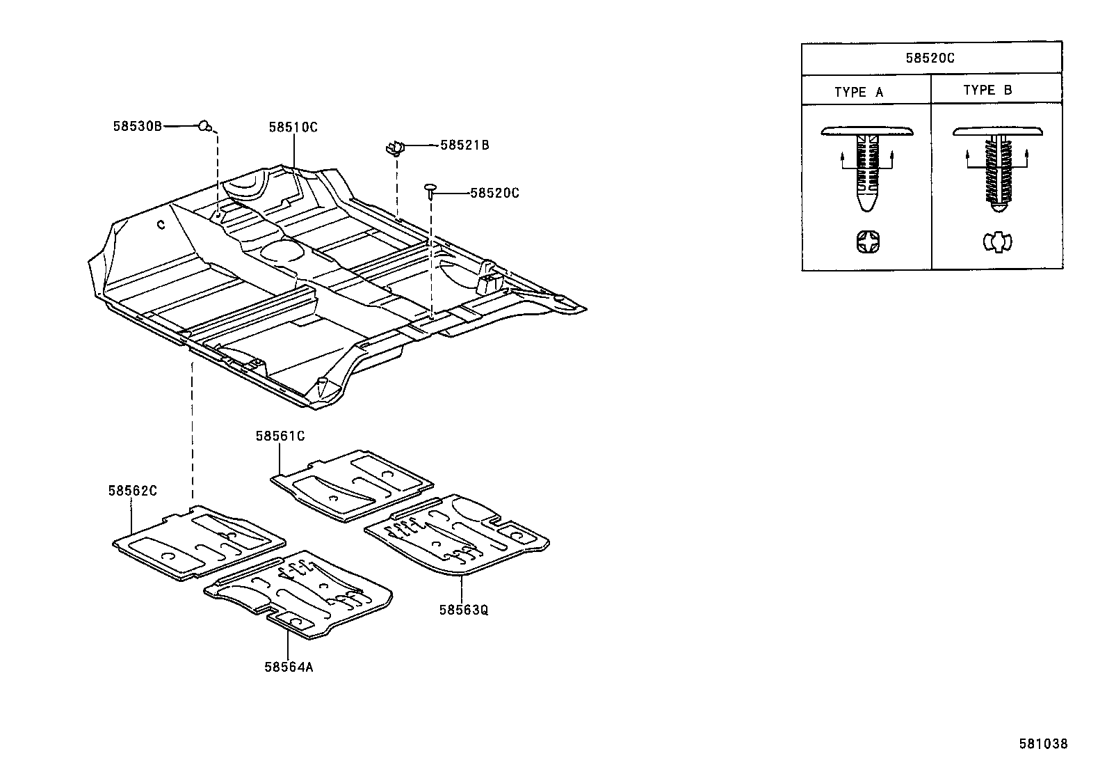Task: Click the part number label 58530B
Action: pos(137,126)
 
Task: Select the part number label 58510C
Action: pos(293,127)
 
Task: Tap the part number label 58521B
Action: pos(464,145)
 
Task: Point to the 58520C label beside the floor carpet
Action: pos(494,193)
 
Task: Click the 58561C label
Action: pos(280,436)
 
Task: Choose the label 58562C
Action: pos(132,491)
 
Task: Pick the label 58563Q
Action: pos(463,610)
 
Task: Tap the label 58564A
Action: pos(289,667)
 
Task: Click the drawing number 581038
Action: pos(1043,743)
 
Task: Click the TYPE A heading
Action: pos(859,92)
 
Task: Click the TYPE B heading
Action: pos(987,90)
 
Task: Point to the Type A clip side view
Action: pos(866,167)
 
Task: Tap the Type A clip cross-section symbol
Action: pos(866,243)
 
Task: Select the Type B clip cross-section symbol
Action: pos(997,242)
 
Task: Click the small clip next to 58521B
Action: pos(395,148)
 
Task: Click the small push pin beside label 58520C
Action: pos(431,189)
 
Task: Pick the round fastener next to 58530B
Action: pos(204,125)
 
